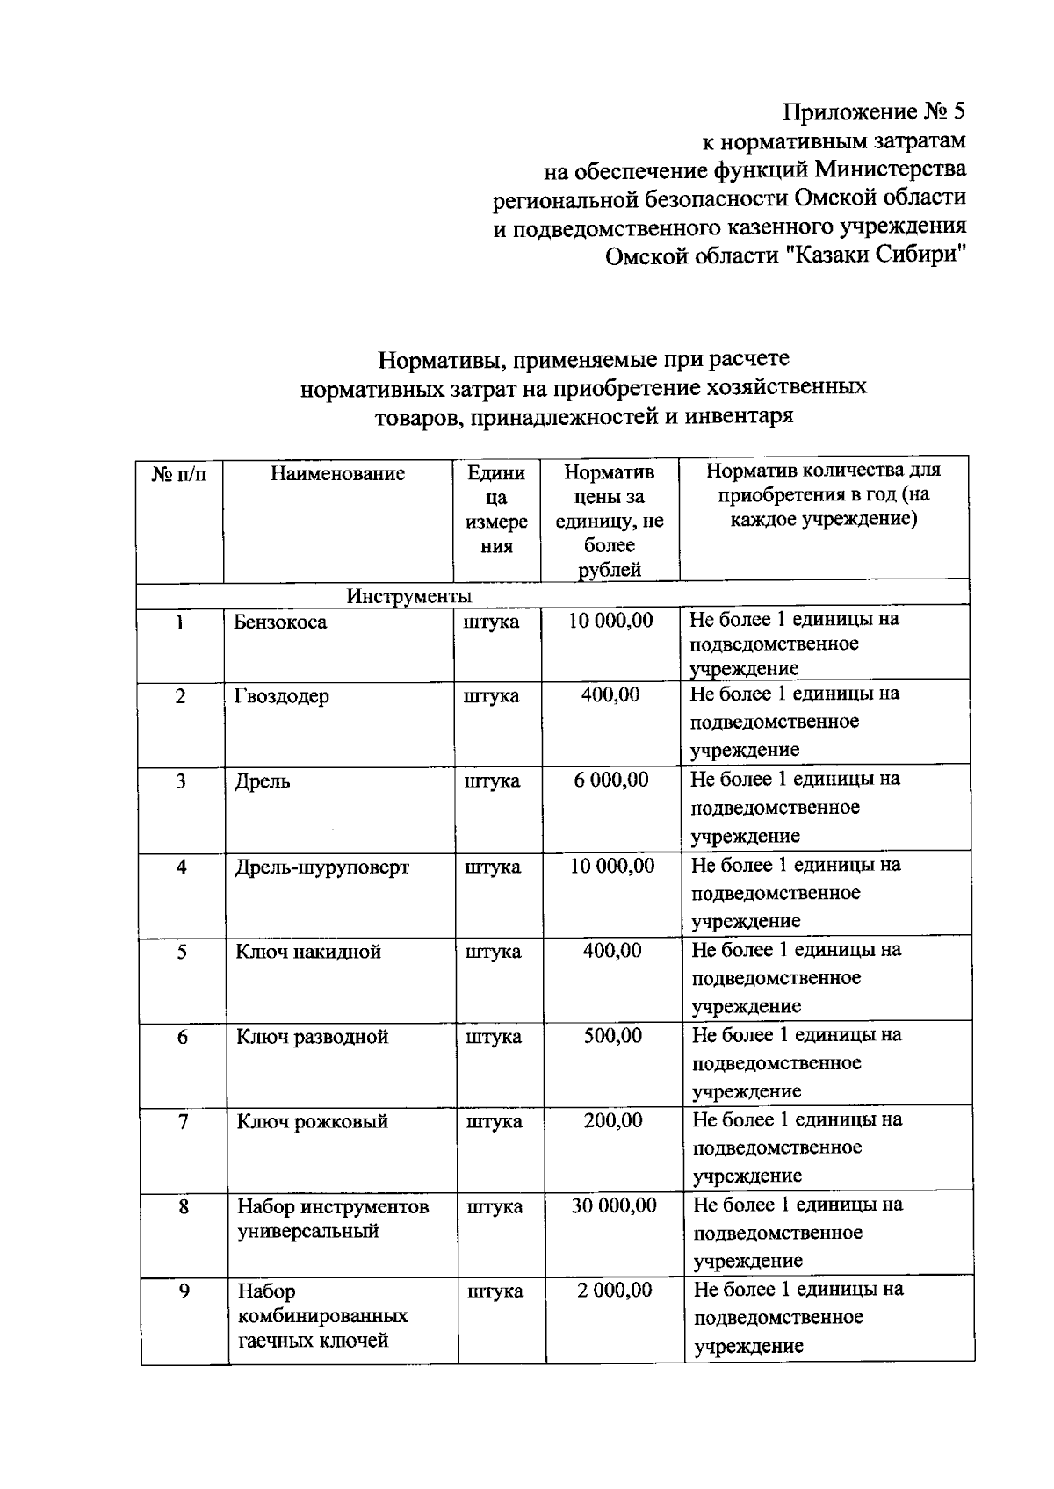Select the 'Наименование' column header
[337, 474]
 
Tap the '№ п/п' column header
[179, 474]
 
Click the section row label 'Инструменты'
[408, 597]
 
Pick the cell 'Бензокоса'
[280, 622]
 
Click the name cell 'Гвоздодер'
[282, 697]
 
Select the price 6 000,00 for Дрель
[611, 780]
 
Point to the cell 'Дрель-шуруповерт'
[321, 867]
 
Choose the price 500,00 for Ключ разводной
[613, 1036]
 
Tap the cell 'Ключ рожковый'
[312, 1122]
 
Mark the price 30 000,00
[614, 1206]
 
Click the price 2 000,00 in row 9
[615, 1291]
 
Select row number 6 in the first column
[183, 1038]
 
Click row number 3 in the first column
[181, 781]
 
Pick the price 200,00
[613, 1121]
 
